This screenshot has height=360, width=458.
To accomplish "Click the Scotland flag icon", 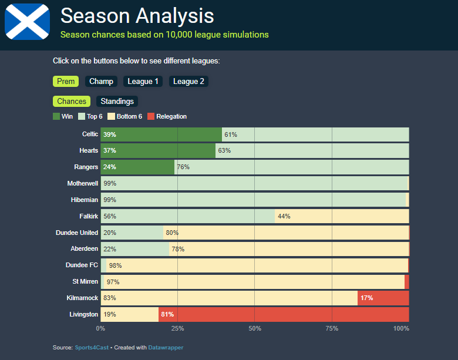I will coord(27,22).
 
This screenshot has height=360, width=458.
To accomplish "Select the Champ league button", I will coord(102,82).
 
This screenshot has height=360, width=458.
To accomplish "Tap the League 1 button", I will coord(143,82).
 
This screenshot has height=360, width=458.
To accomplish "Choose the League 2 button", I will coord(188,82).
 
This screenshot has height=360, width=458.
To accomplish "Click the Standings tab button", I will coord(117,102).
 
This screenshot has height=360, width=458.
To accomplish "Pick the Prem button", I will coord(66,82).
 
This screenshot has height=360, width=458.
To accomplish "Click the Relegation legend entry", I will coord(167,116).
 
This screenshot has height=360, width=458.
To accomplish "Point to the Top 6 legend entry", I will coord(90,116).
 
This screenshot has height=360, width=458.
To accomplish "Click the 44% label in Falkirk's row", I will coord(284,216).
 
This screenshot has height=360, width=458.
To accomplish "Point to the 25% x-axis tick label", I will coord(177,328).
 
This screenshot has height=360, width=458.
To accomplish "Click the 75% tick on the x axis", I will coord(332,328).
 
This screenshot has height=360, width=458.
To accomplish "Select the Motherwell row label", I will coord(83,183).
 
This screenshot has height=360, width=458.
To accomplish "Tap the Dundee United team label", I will coord(77,233).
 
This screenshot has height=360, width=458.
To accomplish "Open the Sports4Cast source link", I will coord(92,348).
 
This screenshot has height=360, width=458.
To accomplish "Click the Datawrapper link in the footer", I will coord(165,348).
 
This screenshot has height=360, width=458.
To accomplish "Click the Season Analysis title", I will coord(137,15).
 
